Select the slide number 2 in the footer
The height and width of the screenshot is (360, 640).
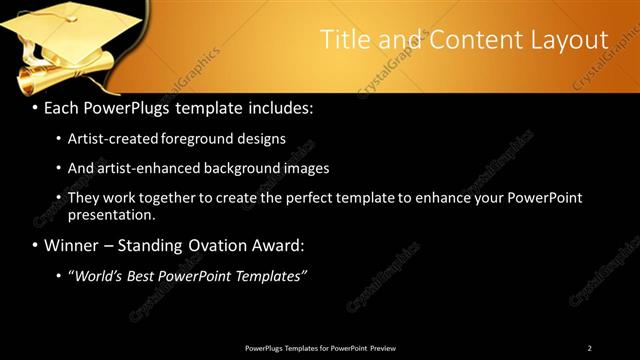point(589,348)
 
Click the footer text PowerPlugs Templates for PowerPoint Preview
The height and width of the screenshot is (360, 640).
point(320,348)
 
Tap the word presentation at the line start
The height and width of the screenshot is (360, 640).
point(111,214)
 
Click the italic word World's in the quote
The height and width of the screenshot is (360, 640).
point(100,275)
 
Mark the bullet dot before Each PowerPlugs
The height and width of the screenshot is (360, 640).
point(35,107)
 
